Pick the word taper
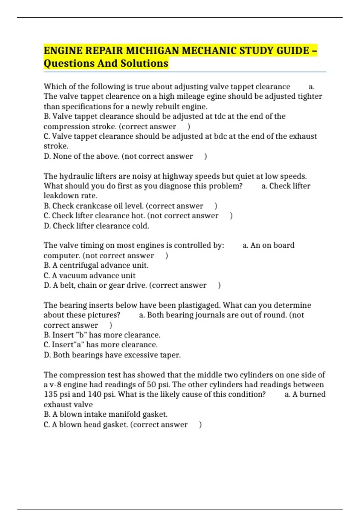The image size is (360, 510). pyautogui.click(x=172, y=355)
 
